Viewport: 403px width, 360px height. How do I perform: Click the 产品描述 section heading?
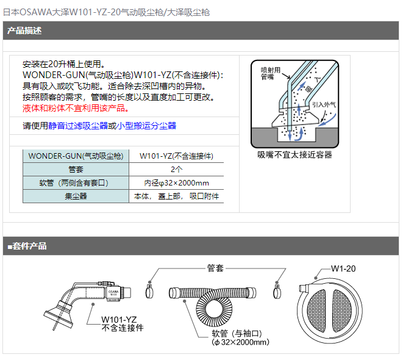(x=24, y=31)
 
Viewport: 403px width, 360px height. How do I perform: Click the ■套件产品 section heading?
(x=27, y=246)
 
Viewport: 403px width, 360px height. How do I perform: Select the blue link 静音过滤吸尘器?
(x=78, y=126)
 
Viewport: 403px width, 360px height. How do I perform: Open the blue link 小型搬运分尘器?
(x=146, y=126)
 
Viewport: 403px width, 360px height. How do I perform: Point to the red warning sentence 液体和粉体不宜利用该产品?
(x=76, y=108)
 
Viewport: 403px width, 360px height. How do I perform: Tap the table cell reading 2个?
(x=177, y=169)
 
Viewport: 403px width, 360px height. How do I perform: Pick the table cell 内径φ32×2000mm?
(x=177, y=183)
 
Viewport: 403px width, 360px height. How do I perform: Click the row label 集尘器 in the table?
(x=76, y=196)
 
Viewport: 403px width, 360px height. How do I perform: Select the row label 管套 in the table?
(x=76, y=169)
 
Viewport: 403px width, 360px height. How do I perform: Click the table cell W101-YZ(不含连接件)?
(x=177, y=156)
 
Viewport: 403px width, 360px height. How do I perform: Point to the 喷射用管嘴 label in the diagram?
(x=270, y=73)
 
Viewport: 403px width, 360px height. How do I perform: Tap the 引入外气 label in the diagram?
(x=324, y=104)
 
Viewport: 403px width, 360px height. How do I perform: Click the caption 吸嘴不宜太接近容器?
(x=295, y=155)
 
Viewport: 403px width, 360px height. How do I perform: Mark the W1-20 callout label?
(x=343, y=268)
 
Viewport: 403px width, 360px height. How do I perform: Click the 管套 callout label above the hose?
(x=215, y=268)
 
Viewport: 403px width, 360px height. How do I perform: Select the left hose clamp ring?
(x=149, y=291)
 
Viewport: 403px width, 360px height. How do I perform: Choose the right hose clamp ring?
(x=277, y=291)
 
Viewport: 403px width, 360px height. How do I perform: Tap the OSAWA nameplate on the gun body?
(x=113, y=293)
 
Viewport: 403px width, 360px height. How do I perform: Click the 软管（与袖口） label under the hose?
(x=237, y=334)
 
